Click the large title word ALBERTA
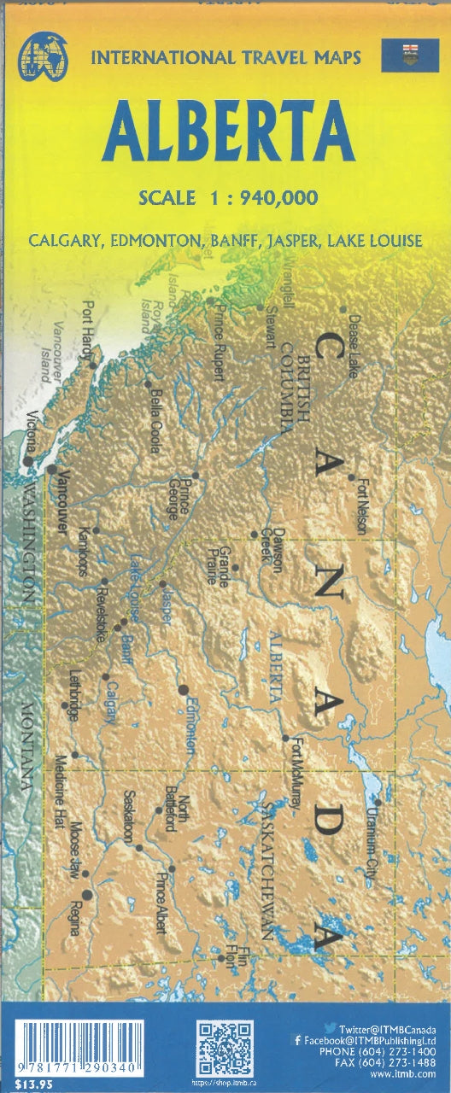[229, 132]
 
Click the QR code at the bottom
[225, 1048]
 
